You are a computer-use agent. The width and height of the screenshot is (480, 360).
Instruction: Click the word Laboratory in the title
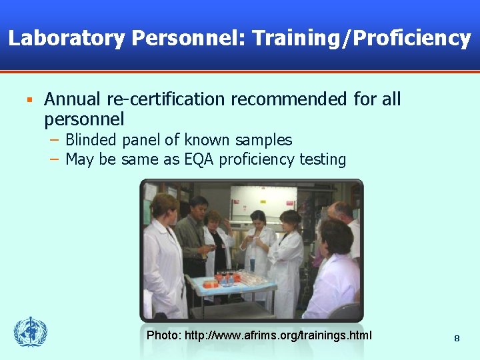tap(66, 39)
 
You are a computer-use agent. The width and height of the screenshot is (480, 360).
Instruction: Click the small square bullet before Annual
tap(29, 100)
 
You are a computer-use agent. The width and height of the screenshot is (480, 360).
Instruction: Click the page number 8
tap(457, 339)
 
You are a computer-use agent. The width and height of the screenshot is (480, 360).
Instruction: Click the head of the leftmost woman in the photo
tap(165, 207)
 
